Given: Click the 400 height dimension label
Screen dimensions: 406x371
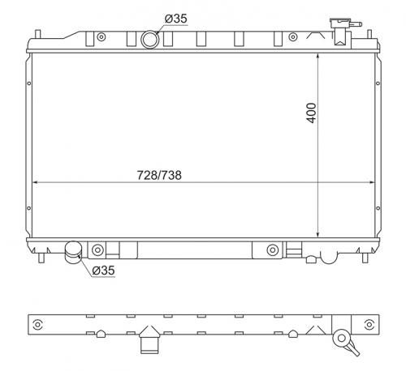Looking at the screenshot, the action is (312, 113).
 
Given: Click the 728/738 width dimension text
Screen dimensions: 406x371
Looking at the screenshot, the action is (159, 175).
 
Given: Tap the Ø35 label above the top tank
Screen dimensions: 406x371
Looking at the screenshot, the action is (176, 19).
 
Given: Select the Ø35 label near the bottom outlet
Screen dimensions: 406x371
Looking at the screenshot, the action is (103, 271).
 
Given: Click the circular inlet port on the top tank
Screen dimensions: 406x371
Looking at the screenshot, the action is (150, 40).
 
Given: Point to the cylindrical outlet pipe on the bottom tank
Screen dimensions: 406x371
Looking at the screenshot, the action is (73, 252).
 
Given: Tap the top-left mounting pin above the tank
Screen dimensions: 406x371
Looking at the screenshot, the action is (38, 34).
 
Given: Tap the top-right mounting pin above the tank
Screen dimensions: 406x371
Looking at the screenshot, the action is (369, 34).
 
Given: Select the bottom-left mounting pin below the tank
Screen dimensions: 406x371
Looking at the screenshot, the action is (41, 258).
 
